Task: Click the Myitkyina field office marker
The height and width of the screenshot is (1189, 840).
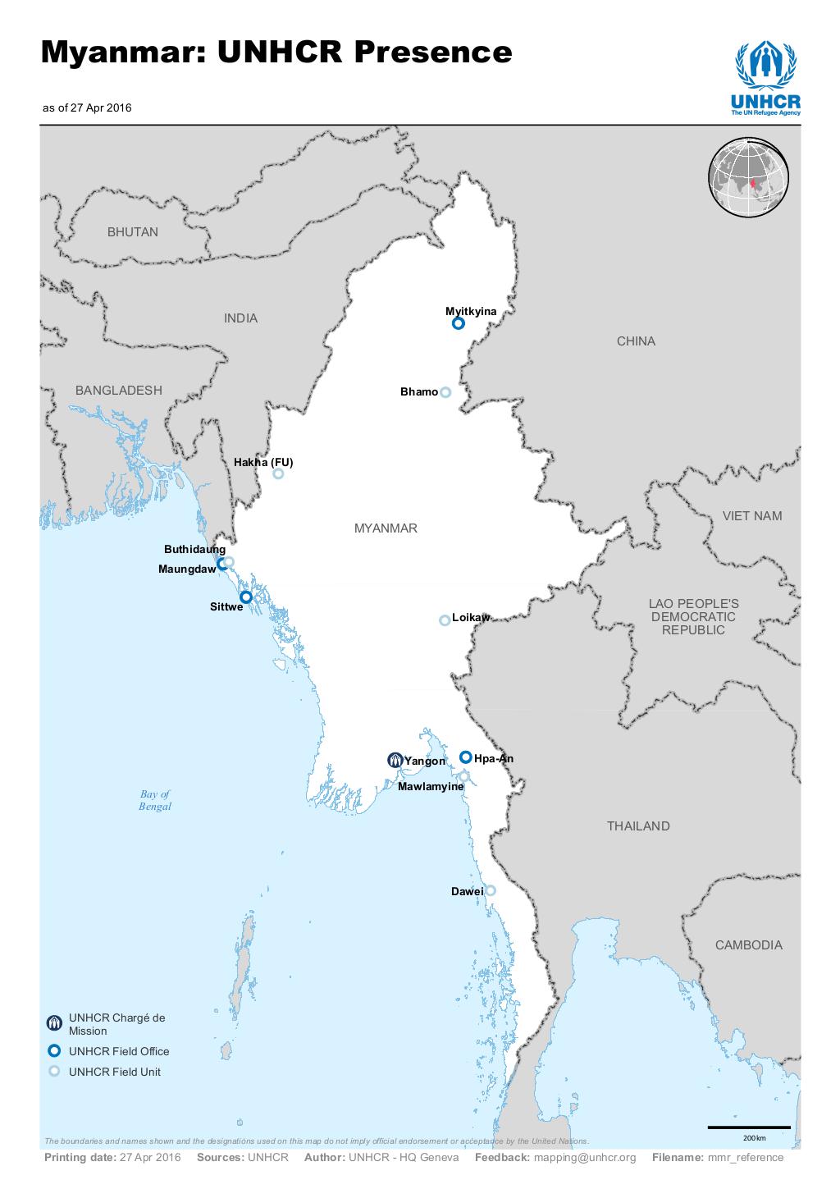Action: click(x=459, y=323)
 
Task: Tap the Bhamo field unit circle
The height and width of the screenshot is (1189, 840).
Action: click(x=445, y=392)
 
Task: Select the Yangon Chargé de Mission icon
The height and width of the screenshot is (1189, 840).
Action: click(x=395, y=761)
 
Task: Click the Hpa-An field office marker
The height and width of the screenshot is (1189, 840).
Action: click(x=465, y=757)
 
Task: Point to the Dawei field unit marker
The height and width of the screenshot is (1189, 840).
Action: click(x=491, y=890)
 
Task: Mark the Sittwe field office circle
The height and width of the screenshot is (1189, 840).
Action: click(x=245, y=597)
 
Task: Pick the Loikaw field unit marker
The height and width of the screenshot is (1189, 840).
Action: click(x=445, y=620)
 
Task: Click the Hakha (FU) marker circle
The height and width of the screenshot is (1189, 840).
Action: click(x=278, y=473)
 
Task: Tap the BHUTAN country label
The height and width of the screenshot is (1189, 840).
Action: click(x=133, y=232)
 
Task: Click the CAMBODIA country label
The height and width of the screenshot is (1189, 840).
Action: click(x=748, y=945)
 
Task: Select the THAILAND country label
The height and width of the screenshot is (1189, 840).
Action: click(x=638, y=826)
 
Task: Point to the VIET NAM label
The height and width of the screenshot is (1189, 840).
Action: click(x=752, y=516)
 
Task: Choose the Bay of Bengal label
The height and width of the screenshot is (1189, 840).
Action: click(x=155, y=800)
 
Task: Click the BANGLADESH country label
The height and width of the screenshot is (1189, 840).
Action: click(x=119, y=391)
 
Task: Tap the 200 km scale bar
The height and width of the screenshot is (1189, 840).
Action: click(x=749, y=1127)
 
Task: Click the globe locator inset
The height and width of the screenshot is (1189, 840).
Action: click(x=748, y=178)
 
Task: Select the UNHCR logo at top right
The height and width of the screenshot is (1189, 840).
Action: click(x=765, y=80)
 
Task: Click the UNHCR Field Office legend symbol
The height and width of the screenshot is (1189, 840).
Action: click(x=54, y=1050)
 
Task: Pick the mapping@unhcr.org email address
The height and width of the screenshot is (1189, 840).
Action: click(x=585, y=1158)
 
